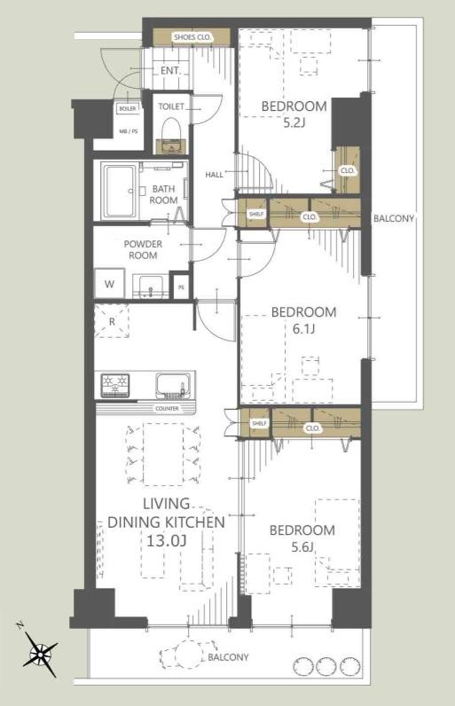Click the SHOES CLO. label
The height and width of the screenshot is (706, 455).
(x=192, y=37)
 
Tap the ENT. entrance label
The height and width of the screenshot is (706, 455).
(x=170, y=71)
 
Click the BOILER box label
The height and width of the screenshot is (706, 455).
(x=128, y=109)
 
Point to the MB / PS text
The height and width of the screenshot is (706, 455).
(x=129, y=131)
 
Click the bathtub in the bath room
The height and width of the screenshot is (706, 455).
(x=119, y=191)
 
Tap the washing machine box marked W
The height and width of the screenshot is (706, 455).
(x=109, y=284)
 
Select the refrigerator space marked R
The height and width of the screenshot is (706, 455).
(x=112, y=321)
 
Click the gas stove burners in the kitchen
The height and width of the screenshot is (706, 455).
(x=115, y=385)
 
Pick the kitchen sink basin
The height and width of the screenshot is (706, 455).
(x=171, y=385)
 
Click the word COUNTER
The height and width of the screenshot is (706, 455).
(x=167, y=408)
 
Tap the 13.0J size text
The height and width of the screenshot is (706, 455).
(x=166, y=540)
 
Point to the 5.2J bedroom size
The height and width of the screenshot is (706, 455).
(x=294, y=122)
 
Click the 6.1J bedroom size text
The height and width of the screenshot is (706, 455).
(x=304, y=329)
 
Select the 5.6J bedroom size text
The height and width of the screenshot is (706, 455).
(x=302, y=547)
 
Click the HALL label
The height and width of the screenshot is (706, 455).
(x=215, y=174)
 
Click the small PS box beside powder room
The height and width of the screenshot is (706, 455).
(x=181, y=286)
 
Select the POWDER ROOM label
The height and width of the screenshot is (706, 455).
(x=143, y=249)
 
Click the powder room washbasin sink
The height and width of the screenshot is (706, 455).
(x=150, y=286)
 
